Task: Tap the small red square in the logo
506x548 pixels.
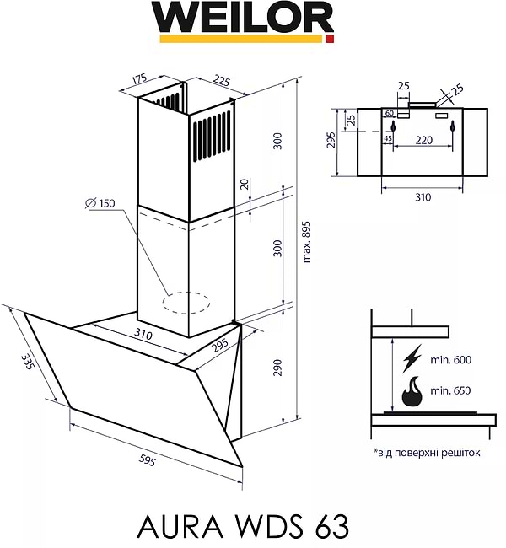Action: tap(330, 39)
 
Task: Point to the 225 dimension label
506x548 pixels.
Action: tap(221, 81)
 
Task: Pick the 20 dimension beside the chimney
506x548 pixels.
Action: tap(244, 185)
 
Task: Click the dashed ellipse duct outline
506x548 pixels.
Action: tap(186, 302)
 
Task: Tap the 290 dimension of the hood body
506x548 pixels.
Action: tap(277, 368)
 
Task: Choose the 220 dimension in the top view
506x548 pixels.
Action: tap(423, 139)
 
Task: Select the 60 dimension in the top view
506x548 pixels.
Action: tap(390, 113)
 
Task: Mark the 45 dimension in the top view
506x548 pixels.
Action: tap(388, 138)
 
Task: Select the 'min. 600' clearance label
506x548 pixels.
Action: tap(450, 360)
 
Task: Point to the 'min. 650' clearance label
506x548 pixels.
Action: tap(450, 391)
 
